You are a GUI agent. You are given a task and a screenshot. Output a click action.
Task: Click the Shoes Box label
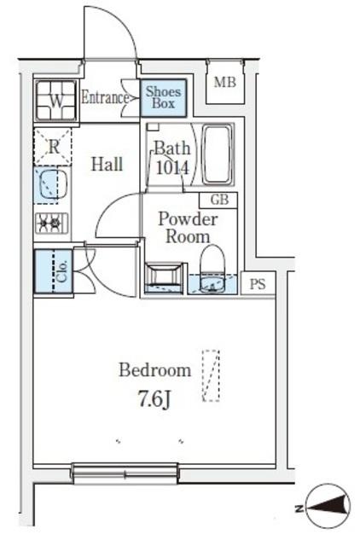(x=163, y=97)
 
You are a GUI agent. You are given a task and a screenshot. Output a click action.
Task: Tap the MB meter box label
(x=225, y=82)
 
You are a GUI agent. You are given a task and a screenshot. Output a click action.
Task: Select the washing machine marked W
(x=55, y=101)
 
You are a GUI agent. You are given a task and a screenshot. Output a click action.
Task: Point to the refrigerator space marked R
(x=53, y=147)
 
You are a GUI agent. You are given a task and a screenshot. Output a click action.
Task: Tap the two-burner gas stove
(x=51, y=223)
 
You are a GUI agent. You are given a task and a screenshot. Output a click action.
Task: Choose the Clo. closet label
(x=62, y=271)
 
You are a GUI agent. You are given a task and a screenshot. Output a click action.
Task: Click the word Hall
(x=107, y=165)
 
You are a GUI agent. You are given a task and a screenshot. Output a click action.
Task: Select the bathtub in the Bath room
(x=217, y=155)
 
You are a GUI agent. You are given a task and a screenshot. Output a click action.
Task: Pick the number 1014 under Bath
(x=172, y=168)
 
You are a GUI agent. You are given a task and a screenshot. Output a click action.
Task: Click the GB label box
(x=218, y=200)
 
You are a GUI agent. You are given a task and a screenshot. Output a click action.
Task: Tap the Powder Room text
(x=188, y=228)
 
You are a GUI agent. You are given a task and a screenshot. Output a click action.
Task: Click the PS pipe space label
(x=258, y=284)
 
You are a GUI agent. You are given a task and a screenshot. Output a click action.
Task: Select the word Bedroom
(x=155, y=370)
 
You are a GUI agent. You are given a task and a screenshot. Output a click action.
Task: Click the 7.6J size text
(x=155, y=399)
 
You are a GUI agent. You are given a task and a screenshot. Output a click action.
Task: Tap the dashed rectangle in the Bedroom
(x=211, y=375)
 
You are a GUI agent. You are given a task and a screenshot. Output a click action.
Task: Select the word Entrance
(x=105, y=97)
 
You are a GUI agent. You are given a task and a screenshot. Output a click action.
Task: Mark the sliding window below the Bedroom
(x=125, y=473)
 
